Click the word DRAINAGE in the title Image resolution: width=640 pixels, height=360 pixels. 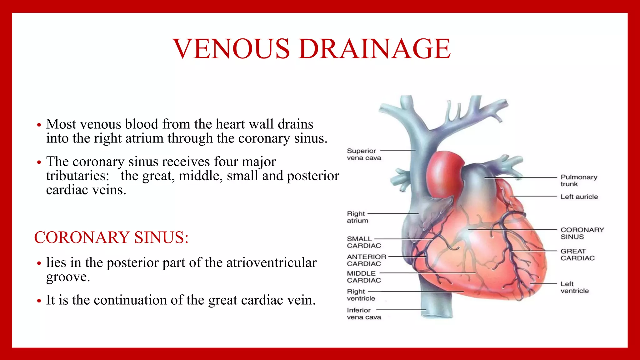[x=374, y=49]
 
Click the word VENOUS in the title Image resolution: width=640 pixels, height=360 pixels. [x=231, y=49]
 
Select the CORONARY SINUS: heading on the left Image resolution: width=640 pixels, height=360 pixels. [x=111, y=237]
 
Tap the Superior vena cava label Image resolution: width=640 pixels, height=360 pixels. [x=364, y=154]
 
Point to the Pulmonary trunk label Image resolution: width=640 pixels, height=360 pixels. [x=578, y=181]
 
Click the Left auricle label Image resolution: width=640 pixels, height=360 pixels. [x=579, y=197]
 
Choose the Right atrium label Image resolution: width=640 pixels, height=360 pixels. [x=357, y=217]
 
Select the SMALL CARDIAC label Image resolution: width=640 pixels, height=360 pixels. [x=363, y=242]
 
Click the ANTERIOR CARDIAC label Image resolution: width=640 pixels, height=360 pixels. [x=366, y=260]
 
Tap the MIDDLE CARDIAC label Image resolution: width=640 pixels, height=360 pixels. [x=363, y=277]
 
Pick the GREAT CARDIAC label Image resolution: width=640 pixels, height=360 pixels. [x=577, y=255]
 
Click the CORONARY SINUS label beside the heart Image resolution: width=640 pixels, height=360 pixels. [x=582, y=233]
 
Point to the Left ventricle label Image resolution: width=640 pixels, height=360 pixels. [x=574, y=287]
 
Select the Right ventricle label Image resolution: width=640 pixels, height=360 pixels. [x=361, y=295]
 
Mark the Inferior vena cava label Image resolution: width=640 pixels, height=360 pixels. [x=363, y=314]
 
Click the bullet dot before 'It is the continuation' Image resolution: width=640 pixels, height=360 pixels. [x=39, y=301]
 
